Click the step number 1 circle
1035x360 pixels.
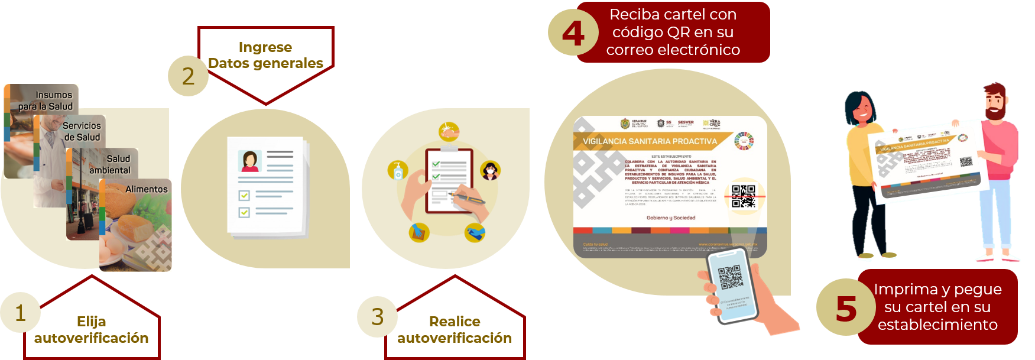(20, 312)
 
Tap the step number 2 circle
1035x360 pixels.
(188, 76)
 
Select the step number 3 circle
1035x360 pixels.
(377, 317)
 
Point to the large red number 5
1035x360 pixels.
(846, 308)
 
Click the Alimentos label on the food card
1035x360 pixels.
(146, 189)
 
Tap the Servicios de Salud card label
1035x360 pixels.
(82, 131)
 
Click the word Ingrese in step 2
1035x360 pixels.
(265, 47)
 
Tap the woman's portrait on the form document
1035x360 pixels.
(249, 161)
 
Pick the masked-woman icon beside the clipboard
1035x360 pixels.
(490, 170)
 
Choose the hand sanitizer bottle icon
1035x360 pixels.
(398, 170)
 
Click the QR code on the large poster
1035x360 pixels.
(743, 197)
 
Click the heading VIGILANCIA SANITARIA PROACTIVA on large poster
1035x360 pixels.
(650, 141)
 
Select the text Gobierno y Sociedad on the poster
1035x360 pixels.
(671, 218)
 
